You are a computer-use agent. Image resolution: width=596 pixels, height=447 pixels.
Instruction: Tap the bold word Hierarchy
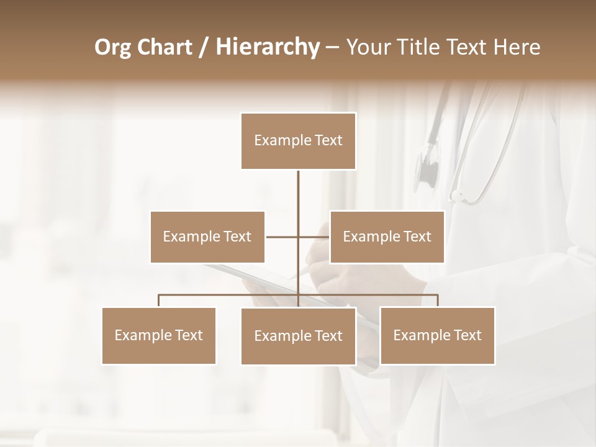(267, 47)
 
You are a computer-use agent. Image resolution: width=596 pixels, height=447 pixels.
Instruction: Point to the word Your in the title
(367, 47)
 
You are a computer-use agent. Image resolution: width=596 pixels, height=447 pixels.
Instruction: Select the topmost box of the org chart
(298, 141)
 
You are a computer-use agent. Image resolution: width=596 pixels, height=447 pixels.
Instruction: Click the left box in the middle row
(207, 237)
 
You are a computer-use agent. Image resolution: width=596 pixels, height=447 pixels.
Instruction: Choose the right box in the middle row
(387, 237)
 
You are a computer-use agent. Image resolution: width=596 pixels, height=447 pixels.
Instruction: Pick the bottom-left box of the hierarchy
(159, 335)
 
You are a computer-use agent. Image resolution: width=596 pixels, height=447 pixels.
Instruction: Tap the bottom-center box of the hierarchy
(298, 336)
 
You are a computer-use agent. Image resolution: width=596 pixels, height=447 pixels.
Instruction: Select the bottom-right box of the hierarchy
(437, 335)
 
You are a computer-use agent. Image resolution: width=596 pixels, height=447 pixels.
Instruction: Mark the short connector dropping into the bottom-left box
(159, 301)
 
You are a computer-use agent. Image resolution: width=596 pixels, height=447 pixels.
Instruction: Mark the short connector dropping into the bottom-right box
(438, 301)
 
